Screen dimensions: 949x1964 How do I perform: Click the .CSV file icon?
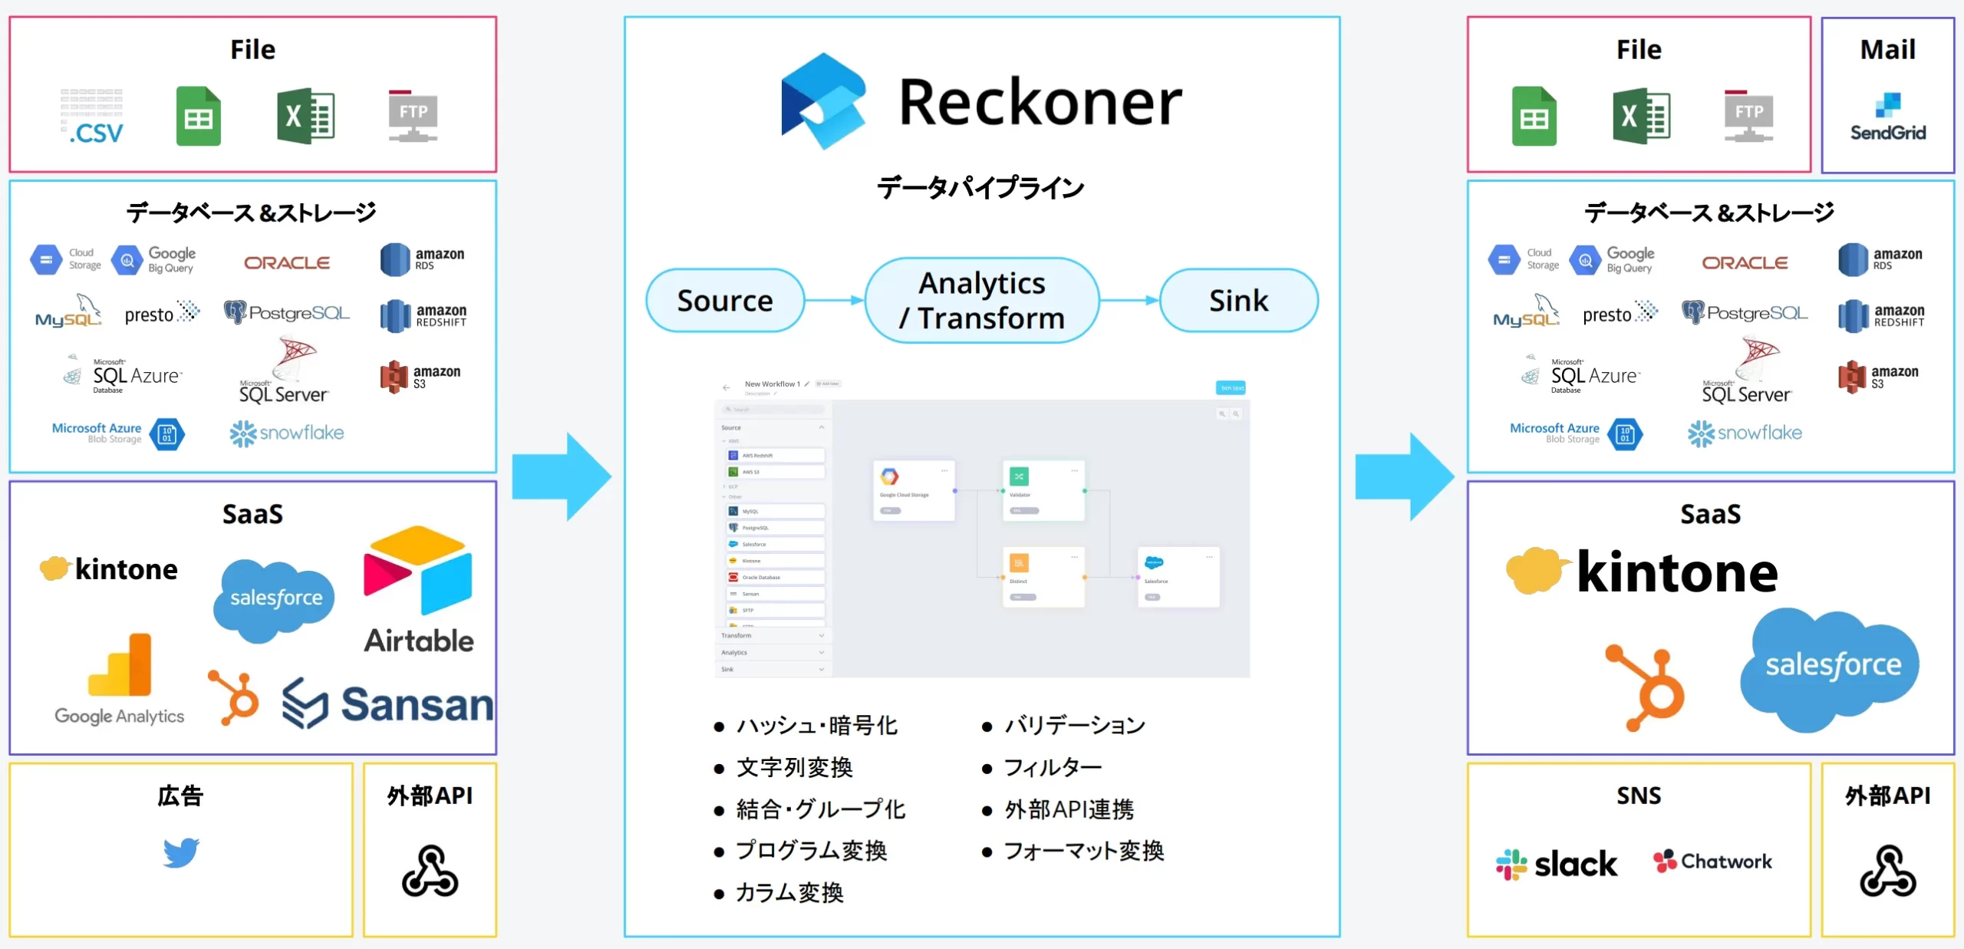pos(93,117)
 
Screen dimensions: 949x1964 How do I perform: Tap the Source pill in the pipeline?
pos(725,301)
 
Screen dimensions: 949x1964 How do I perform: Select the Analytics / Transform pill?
pos(982,301)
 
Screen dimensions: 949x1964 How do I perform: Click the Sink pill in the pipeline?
pos(1238,301)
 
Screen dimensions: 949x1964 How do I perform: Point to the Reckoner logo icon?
pos(823,101)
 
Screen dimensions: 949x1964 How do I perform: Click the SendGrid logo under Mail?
pos(1887,117)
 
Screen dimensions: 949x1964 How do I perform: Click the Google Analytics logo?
pos(120,678)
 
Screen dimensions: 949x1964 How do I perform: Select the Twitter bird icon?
pos(182,852)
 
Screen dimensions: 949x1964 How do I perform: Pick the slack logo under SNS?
pos(1556,864)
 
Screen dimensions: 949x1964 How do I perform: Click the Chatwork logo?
pos(1712,862)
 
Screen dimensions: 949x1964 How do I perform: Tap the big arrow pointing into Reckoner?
pos(561,476)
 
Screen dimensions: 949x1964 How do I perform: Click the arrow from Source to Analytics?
pos(835,301)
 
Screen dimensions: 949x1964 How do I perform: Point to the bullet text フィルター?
pos(1053,767)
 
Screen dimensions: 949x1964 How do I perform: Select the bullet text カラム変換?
pos(789,892)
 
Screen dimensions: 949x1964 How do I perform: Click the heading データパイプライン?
pos(980,188)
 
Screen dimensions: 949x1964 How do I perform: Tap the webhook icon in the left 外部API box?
pos(430,871)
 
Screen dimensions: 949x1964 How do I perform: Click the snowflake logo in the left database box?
pos(287,433)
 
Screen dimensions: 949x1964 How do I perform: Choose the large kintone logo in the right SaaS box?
pos(1642,572)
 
